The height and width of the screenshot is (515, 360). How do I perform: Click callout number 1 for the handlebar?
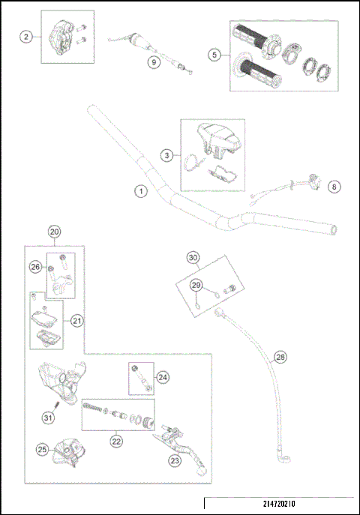139,192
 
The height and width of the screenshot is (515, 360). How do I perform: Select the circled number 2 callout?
25,37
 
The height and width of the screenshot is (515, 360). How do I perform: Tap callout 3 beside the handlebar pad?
167,156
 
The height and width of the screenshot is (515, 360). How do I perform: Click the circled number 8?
334,186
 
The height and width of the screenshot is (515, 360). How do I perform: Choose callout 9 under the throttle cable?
153,63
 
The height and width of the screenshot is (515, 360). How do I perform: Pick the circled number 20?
53,232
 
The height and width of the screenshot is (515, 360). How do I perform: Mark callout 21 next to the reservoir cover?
76,320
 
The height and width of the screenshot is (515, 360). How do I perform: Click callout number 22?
116,442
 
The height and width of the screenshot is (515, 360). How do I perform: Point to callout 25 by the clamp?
43,450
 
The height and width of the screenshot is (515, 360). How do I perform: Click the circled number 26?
34,267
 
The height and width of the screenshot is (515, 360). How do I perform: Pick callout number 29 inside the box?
196,286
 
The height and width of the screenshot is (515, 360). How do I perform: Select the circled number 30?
193,258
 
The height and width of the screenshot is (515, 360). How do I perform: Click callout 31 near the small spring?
48,417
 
